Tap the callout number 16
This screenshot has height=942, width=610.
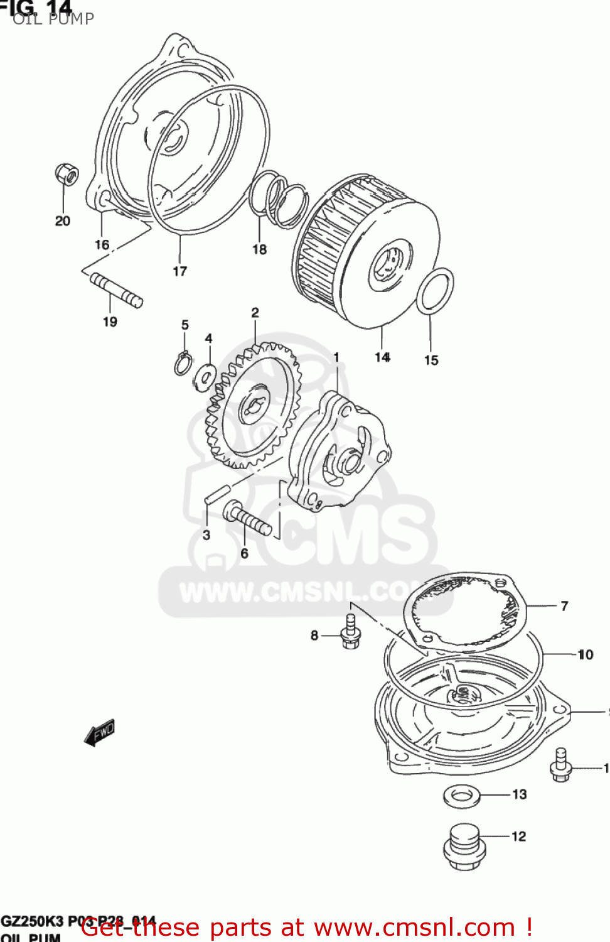point(102,245)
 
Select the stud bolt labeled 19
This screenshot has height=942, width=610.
point(117,290)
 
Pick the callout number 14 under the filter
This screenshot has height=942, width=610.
point(382,357)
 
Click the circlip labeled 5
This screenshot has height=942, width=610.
point(183,364)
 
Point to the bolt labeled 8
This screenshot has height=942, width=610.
point(350,632)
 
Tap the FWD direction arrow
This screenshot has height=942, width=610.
point(100,732)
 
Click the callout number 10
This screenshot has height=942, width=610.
point(585,654)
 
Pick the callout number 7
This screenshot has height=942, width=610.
point(564,606)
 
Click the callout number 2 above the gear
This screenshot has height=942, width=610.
point(255,313)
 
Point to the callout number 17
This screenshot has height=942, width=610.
point(179,271)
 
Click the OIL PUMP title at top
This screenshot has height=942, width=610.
point(53,19)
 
